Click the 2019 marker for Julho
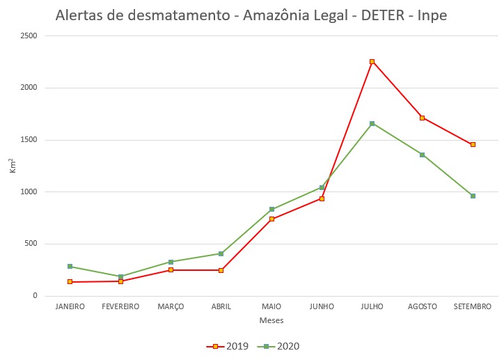[x=372, y=61]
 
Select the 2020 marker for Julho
[x=372, y=123]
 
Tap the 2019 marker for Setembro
[x=473, y=144]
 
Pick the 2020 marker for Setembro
[x=473, y=196]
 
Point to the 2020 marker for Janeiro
[x=70, y=266]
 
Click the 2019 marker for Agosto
[x=423, y=118]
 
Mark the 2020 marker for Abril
[x=221, y=253]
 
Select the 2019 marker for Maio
[x=271, y=219]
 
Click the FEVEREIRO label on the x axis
[x=120, y=306]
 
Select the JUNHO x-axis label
[x=322, y=306]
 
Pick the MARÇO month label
[x=171, y=306]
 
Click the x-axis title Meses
[x=271, y=320]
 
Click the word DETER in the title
[x=384, y=15]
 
